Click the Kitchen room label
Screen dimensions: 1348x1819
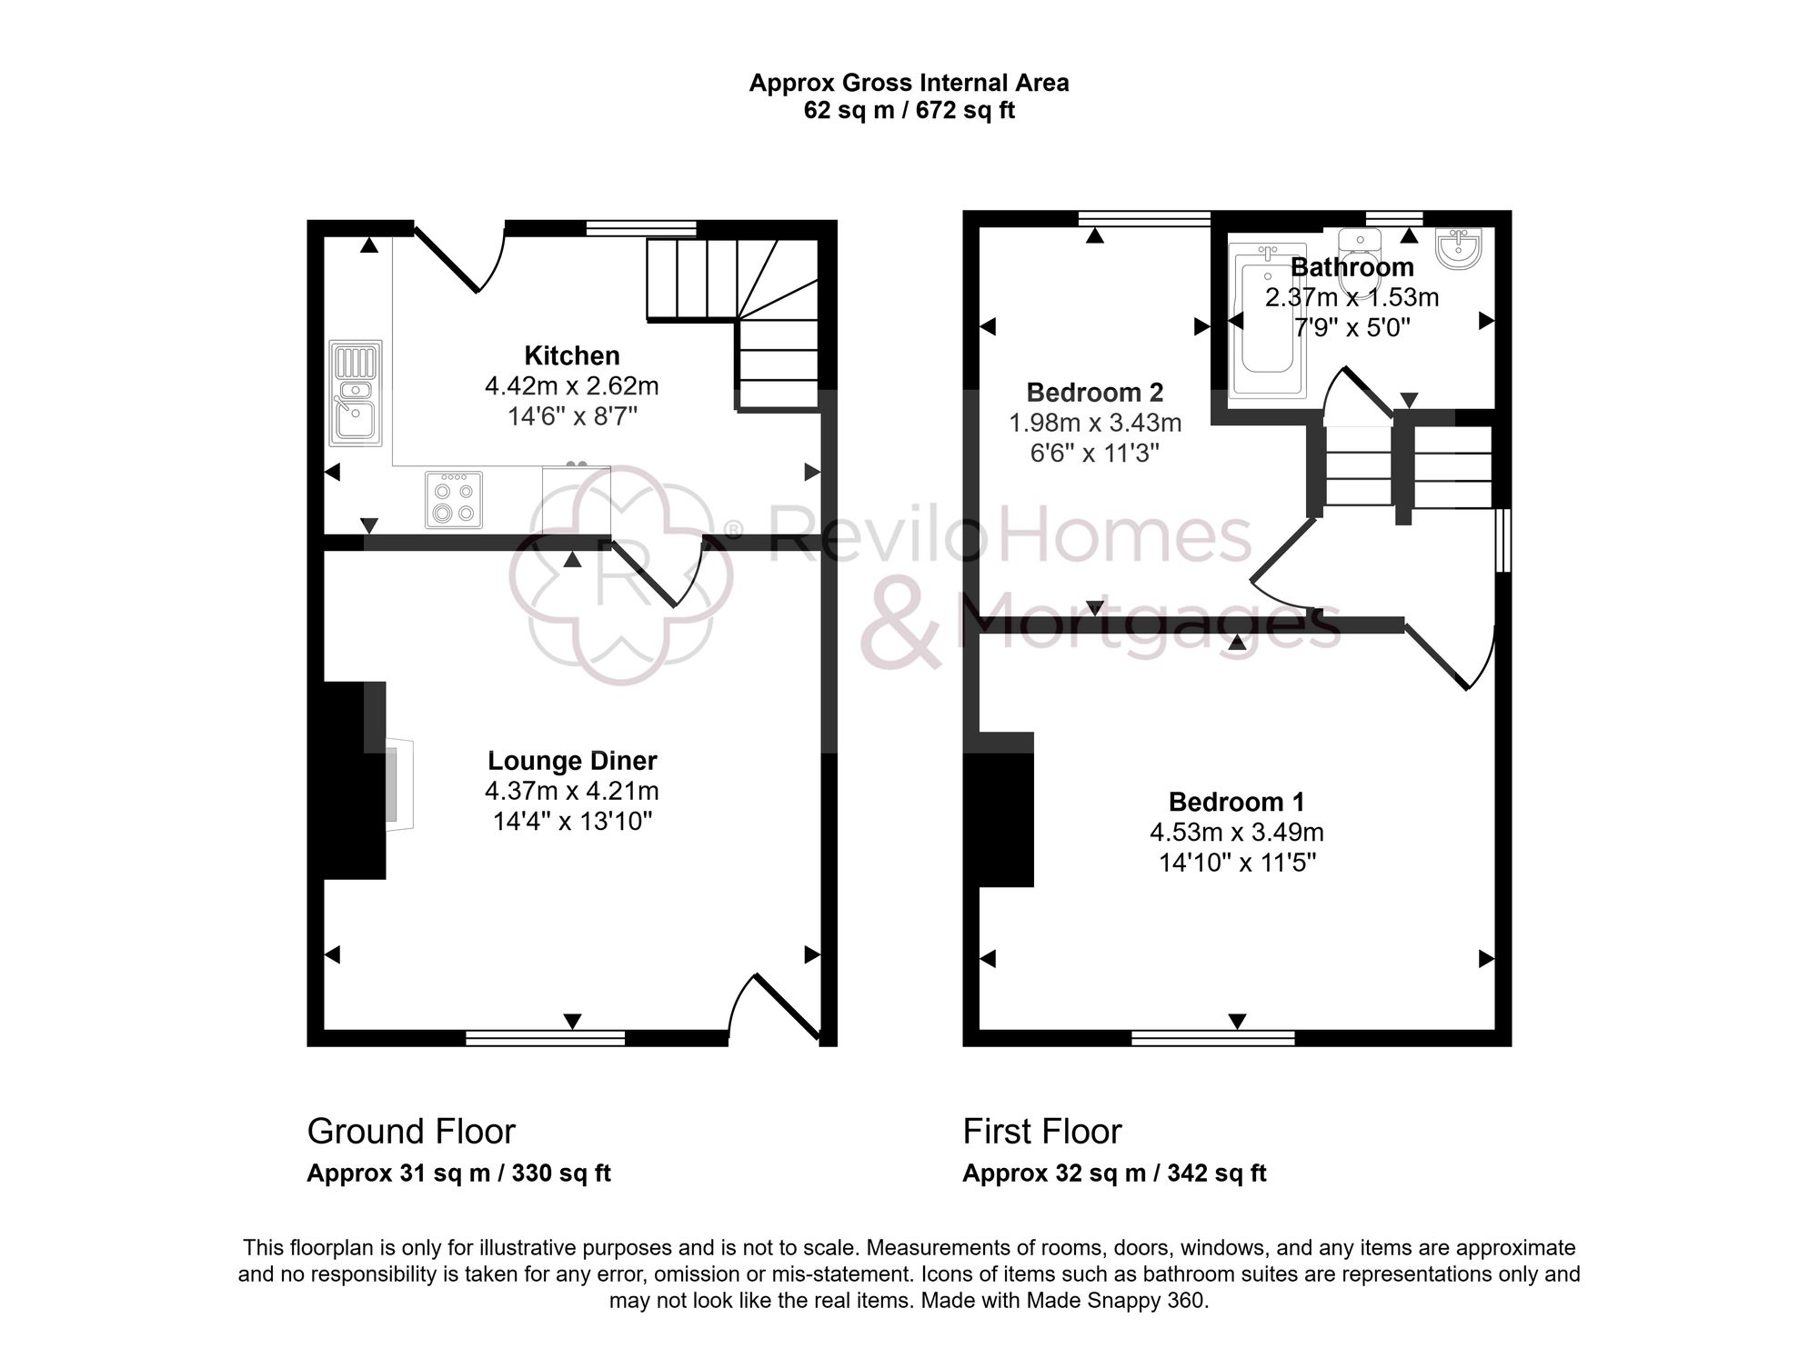(x=571, y=355)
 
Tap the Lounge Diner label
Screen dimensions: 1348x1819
(x=571, y=761)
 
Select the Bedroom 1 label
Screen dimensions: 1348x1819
(x=1236, y=802)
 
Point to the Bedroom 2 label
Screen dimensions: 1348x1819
(x=1094, y=393)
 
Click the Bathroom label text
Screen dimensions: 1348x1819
(x=1352, y=267)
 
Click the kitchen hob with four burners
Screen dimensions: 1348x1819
(x=454, y=499)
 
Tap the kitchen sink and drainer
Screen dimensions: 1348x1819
(x=356, y=393)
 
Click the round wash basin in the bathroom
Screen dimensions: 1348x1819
(x=1459, y=247)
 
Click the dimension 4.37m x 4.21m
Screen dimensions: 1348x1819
(x=571, y=791)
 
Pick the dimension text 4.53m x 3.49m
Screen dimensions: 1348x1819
(x=1236, y=832)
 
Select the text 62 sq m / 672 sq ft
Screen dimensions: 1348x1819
(x=909, y=111)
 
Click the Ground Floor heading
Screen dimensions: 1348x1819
(x=411, y=1132)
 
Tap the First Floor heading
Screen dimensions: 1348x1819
(x=1041, y=1132)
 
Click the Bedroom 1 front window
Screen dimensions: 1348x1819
(x=1212, y=1037)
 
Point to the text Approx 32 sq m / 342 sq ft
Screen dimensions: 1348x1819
(x=1114, y=1173)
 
